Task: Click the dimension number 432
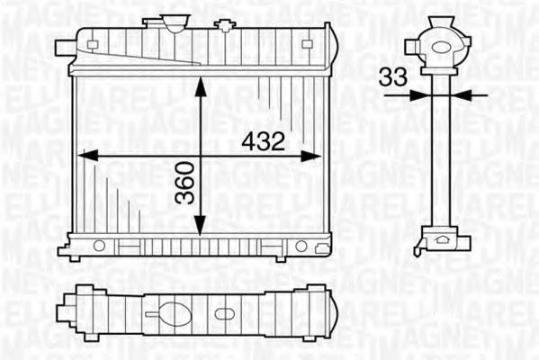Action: pyautogui.click(x=264, y=141)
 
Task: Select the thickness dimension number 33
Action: pyautogui.click(x=392, y=78)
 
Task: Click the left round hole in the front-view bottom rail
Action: pyautogui.click(x=99, y=245)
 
